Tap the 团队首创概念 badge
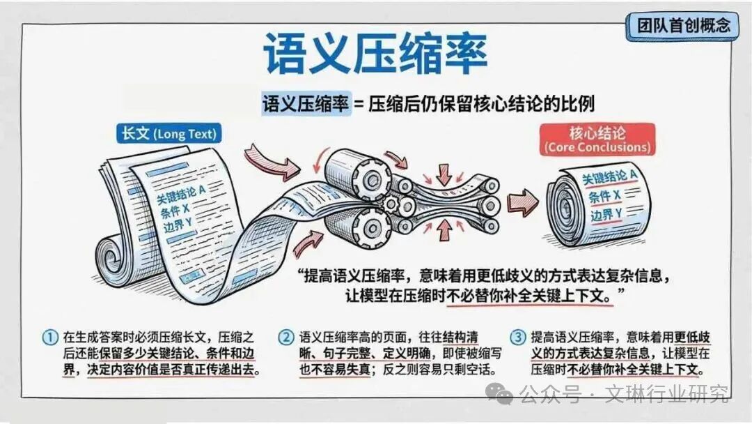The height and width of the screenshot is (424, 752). [684, 26]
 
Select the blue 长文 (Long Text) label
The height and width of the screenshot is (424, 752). [170, 133]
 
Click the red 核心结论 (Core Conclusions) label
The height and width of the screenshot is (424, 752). [597, 139]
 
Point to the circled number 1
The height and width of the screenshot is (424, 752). [50, 337]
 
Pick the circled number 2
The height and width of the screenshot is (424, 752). [287, 337]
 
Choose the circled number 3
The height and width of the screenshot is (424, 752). [518, 337]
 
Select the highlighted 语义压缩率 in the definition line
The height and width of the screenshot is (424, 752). [306, 104]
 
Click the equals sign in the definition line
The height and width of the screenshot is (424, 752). [359, 105]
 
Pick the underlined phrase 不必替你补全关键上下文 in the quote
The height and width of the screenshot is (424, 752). [528, 295]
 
